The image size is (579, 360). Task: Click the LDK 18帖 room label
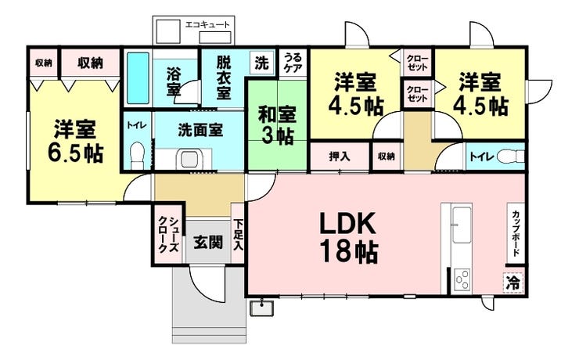point(348,237)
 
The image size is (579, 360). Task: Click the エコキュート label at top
point(207,25)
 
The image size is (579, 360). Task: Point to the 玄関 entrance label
point(207,243)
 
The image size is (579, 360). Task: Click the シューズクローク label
point(167,237)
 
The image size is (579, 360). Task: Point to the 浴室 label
point(174,81)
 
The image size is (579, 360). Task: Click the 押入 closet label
point(339,157)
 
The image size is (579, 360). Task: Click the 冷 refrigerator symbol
point(513,281)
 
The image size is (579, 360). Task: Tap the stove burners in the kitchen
point(462,279)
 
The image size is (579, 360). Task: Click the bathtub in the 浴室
point(138,78)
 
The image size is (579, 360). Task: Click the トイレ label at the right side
point(480,157)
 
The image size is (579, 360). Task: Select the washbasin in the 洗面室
point(189,159)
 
